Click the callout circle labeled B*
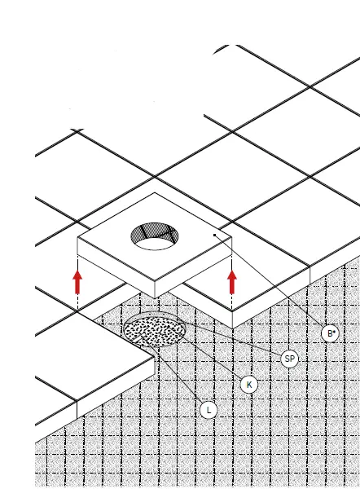(329, 333)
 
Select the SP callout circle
(289, 359)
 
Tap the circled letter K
(250, 384)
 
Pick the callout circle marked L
(209, 410)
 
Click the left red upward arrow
(77, 282)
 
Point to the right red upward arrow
(232, 282)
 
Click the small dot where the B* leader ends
(214, 235)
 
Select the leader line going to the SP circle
(236, 343)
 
